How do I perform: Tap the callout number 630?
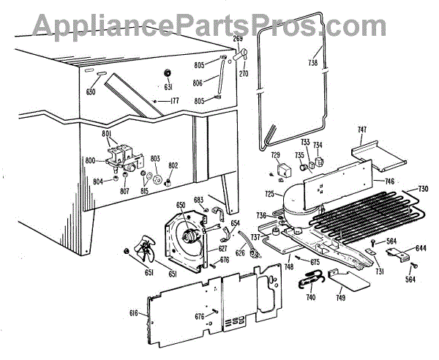(91, 91)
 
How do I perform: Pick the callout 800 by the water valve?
(91, 160)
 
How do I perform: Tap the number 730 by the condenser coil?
(423, 188)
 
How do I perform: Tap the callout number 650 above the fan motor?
(180, 206)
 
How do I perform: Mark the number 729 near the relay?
(276, 155)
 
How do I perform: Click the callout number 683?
(198, 200)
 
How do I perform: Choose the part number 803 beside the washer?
(155, 159)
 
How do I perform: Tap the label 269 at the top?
(238, 39)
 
